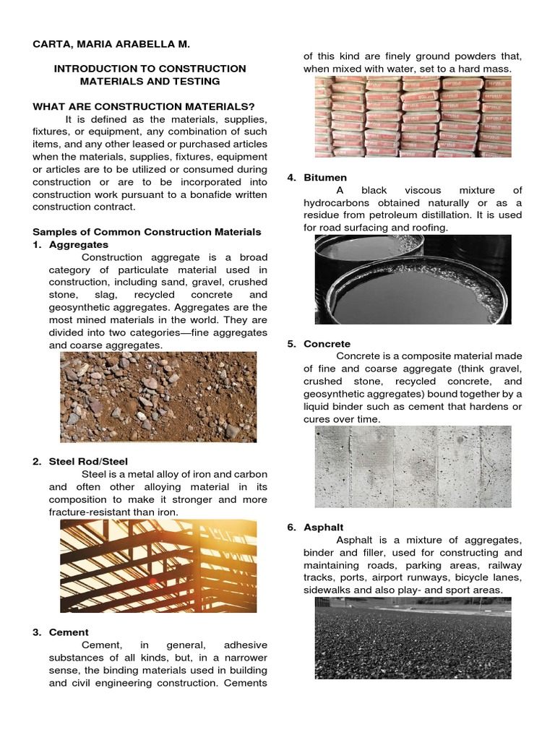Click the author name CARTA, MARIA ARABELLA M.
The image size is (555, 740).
point(111,44)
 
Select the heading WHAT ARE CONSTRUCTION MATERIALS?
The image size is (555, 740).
point(144,106)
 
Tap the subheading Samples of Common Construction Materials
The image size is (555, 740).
point(147,231)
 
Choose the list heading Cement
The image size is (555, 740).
point(69,632)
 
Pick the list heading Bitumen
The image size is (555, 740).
point(325,177)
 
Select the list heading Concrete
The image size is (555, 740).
point(327,344)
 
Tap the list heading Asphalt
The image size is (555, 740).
point(323,527)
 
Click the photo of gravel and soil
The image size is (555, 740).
point(158,397)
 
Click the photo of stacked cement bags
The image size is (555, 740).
point(413,117)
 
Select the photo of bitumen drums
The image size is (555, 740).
point(413,280)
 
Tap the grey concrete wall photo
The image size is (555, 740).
point(413,467)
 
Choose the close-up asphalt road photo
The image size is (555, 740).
point(413,638)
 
